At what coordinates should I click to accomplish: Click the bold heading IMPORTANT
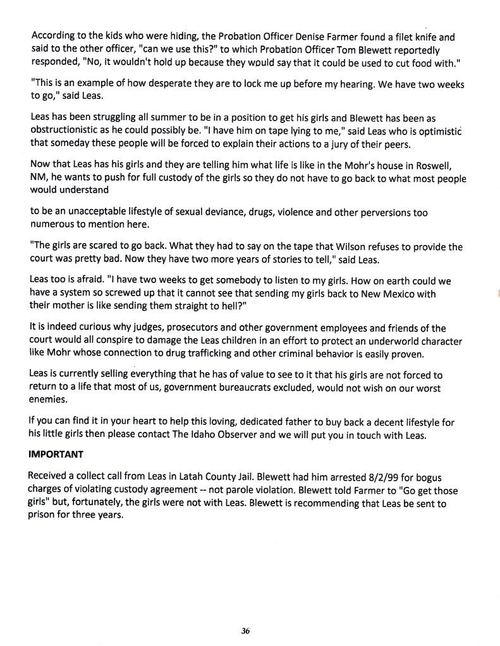click(x=54, y=454)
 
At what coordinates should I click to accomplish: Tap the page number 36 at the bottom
click(x=247, y=630)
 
